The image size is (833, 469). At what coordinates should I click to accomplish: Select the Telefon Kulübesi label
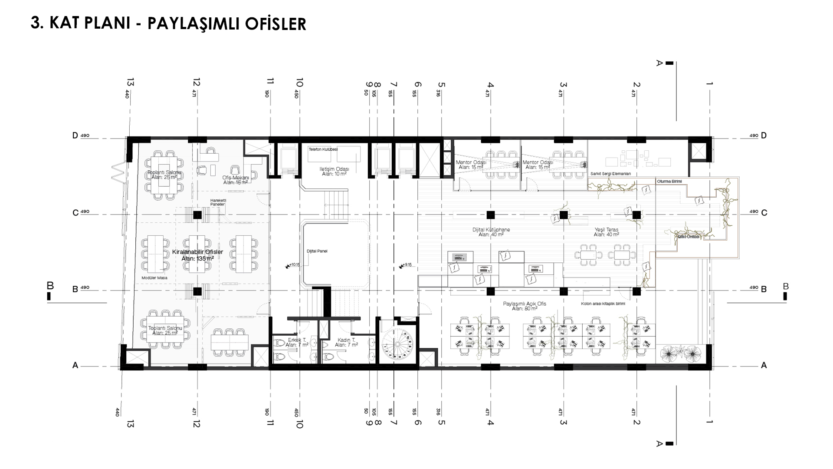[323, 149]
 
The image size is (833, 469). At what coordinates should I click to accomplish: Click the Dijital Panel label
[317, 251]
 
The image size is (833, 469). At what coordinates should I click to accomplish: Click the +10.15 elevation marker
[293, 265]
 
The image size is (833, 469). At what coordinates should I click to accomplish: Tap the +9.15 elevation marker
[406, 265]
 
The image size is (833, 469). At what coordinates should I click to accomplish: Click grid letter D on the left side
[75, 135]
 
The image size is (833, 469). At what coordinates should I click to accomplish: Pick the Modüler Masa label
[154, 278]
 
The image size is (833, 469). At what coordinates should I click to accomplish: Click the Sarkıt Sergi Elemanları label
[610, 174]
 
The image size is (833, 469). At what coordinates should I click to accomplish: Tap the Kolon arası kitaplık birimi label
[603, 304]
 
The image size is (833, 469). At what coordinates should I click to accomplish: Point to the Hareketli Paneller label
[218, 202]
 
